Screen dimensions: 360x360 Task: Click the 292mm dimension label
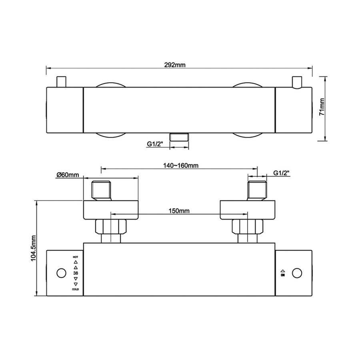click(x=175, y=65)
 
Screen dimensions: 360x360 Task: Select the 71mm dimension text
click(x=322, y=107)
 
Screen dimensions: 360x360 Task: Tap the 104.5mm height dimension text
click(x=33, y=248)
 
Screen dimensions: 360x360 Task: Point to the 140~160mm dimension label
click(x=181, y=165)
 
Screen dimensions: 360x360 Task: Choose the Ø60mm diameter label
click(x=68, y=175)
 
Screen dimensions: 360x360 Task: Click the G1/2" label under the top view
click(x=155, y=144)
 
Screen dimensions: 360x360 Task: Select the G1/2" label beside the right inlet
click(x=281, y=173)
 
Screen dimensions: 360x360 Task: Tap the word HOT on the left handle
click(x=75, y=257)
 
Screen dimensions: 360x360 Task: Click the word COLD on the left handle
click(x=76, y=289)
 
